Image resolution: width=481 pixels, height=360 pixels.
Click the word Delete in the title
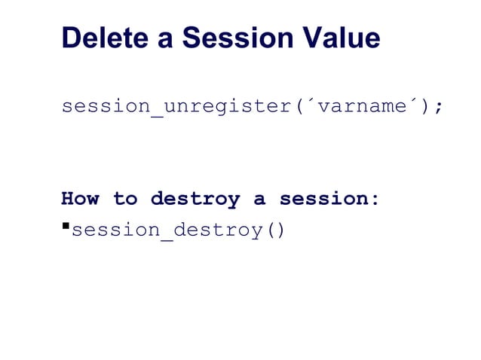pyautogui.click(x=104, y=38)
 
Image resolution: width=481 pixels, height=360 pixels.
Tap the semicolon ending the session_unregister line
pyautogui.click(x=437, y=106)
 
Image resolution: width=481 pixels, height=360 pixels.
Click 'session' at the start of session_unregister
pyautogui.click(x=106, y=106)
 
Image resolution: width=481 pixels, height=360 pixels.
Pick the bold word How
pyautogui.click(x=80, y=200)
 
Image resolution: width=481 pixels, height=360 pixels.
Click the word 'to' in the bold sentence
pyautogui.click(x=125, y=200)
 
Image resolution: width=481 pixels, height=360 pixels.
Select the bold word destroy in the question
pyautogui.click(x=195, y=200)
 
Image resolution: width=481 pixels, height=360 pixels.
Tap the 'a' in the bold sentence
pyautogui.click(x=259, y=200)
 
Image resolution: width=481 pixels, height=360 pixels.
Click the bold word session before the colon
pyautogui.click(x=323, y=200)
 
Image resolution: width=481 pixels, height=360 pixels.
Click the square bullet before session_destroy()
pyautogui.click(x=65, y=224)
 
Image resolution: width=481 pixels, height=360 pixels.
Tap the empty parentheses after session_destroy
pyautogui.click(x=273, y=230)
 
